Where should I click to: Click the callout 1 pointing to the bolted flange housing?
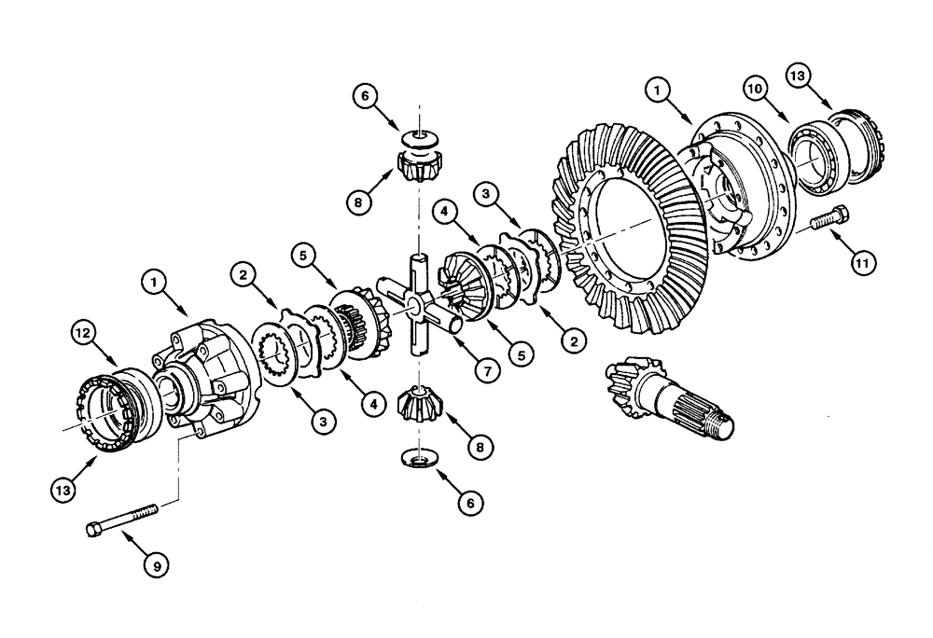(x=659, y=90)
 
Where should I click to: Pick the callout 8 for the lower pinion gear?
(x=480, y=448)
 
